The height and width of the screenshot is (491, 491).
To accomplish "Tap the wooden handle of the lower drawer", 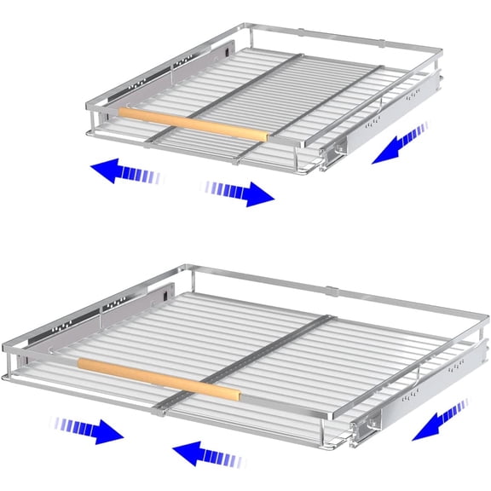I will pos(158,377).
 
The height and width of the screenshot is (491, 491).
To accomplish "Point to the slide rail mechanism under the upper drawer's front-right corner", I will pos(341,152).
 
